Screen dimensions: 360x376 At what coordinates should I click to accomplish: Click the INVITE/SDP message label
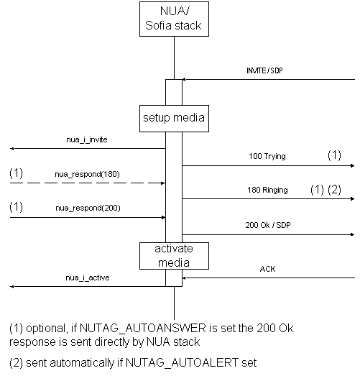(x=264, y=70)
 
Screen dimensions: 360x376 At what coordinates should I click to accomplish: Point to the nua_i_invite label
(x=87, y=139)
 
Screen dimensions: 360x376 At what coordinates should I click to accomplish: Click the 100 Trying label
(x=267, y=156)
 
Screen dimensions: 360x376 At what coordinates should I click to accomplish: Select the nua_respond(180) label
(x=87, y=174)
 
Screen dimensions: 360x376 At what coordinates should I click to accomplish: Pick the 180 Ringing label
(x=267, y=190)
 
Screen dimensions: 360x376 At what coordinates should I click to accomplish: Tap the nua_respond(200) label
(x=88, y=208)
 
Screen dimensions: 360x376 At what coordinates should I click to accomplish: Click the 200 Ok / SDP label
(x=268, y=225)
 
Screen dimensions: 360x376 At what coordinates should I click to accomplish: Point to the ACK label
(x=267, y=269)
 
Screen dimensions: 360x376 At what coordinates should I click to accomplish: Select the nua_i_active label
(x=88, y=278)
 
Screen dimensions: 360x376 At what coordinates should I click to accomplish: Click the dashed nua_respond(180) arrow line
(x=88, y=183)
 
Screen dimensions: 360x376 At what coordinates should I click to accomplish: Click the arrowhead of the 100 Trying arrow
(x=353, y=165)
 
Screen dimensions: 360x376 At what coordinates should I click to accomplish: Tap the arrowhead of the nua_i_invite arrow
(x=12, y=149)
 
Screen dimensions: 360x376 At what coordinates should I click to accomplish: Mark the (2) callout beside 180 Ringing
(x=334, y=190)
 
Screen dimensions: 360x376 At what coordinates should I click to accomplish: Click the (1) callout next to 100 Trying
(x=334, y=155)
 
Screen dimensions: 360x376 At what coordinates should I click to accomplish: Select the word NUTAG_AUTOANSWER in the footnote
(x=142, y=328)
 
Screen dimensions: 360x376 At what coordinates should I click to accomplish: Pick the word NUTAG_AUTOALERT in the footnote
(x=183, y=362)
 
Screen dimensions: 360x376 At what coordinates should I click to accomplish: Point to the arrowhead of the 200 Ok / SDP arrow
(x=353, y=234)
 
